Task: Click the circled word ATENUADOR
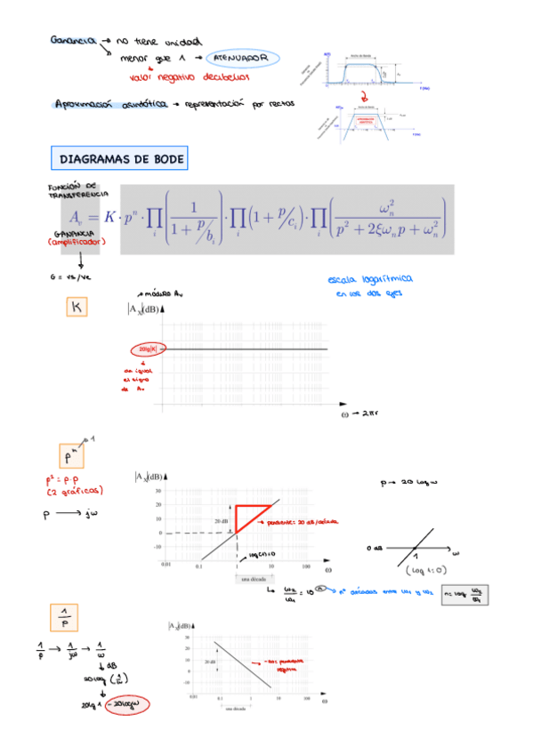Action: [241, 59]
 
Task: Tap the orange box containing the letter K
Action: [76, 307]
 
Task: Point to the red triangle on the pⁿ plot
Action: [248, 517]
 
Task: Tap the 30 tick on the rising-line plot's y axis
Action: [158, 490]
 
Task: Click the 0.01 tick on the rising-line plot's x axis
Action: [165, 565]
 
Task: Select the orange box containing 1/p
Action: [64, 615]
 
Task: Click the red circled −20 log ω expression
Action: [125, 706]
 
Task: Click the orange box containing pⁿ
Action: [73, 457]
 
